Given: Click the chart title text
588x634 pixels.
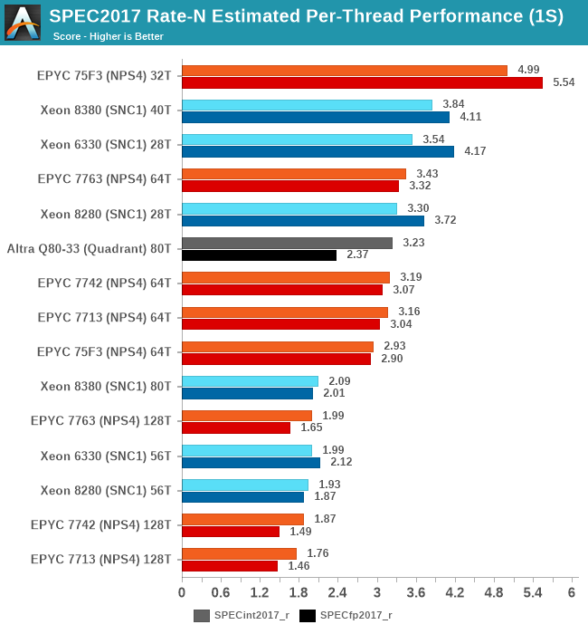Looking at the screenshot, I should pyautogui.click(x=306, y=15).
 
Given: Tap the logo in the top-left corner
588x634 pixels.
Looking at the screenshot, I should pyautogui.click(x=23, y=22).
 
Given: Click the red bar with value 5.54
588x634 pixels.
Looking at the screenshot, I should pyautogui.click(x=362, y=82).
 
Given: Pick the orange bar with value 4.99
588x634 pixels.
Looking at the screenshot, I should pyautogui.click(x=344, y=70).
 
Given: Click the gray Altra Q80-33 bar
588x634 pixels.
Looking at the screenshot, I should pyautogui.click(x=287, y=243).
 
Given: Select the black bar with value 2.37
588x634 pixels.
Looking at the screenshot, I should pyautogui.click(x=259, y=255).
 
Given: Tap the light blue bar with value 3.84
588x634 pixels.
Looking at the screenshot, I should pyautogui.click(x=307, y=104).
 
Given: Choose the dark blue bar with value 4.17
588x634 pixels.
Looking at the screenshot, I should pyautogui.click(x=318, y=151).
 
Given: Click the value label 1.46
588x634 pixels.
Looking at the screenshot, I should pyautogui.click(x=299, y=566).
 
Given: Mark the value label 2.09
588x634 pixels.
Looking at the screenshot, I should pyautogui.click(x=338, y=381).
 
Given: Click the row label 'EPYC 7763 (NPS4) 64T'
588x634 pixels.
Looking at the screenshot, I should pyautogui.click(x=104, y=178).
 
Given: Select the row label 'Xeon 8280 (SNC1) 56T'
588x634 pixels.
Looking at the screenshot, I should pyautogui.click(x=106, y=490).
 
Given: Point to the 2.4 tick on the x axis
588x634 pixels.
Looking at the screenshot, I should pyautogui.click(x=337, y=592).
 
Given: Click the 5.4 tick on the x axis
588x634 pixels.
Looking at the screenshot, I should pyautogui.click(x=533, y=592).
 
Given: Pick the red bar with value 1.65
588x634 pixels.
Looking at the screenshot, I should pyautogui.click(x=235, y=427).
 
